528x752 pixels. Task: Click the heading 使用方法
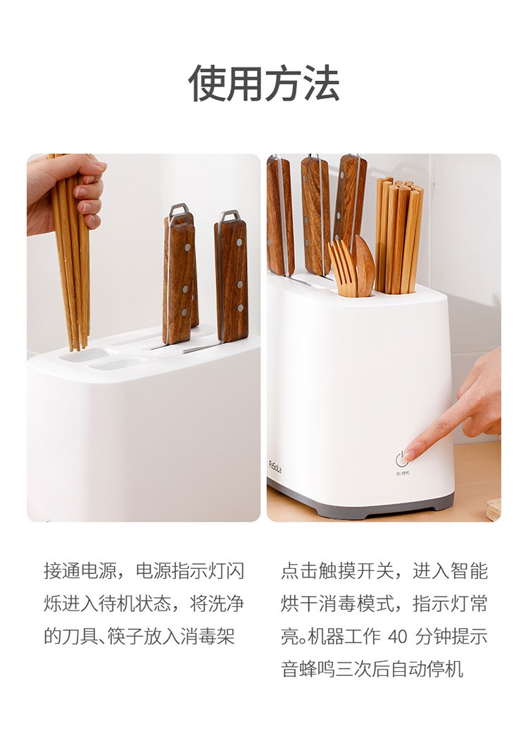click(264, 84)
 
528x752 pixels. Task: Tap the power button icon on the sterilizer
click(402, 459)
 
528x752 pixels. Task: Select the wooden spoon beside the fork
click(365, 265)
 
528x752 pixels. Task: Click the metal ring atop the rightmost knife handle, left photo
click(229, 215)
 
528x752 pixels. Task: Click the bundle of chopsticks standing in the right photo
click(398, 236)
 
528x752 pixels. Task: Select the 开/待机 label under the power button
click(402, 473)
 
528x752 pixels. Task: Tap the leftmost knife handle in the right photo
click(279, 215)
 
